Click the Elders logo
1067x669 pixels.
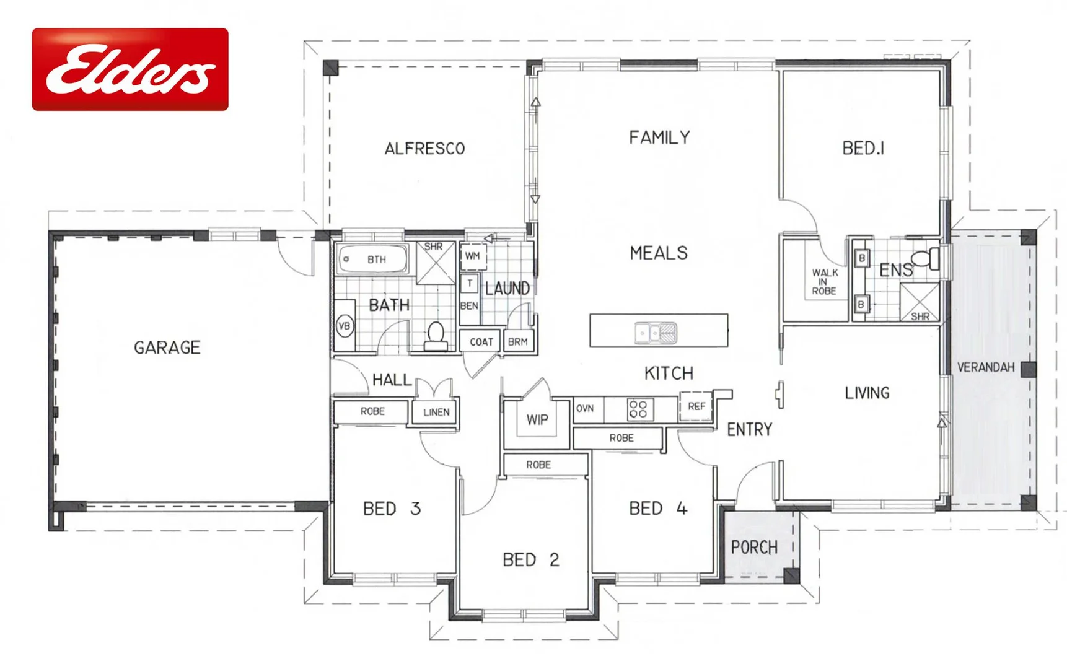(x=130, y=69)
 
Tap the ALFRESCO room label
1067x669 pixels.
(x=424, y=149)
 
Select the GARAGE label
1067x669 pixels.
(x=167, y=348)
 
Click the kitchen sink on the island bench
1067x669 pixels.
(x=655, y=333)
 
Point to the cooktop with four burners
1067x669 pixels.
(x=638, y=409)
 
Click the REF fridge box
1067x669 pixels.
(x=696, y=406)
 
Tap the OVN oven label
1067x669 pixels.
(x=585, y=408)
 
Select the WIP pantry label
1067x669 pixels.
(x=537, y=420)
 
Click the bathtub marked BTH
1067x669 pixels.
(x=372, y=260)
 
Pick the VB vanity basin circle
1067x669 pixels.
(x=345, y=326)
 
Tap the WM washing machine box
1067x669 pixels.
(x=472, y=256)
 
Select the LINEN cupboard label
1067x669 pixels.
(x=436, y=413)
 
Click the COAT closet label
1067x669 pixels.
(x=481, y=342)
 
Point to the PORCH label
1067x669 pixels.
(x=754, y=548)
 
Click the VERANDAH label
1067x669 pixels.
(x=986, y=367)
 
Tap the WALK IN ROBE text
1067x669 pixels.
(x=825, y=282)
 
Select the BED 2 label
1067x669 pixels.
(x=531, y=560)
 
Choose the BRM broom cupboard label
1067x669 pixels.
(x=517, y=342)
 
